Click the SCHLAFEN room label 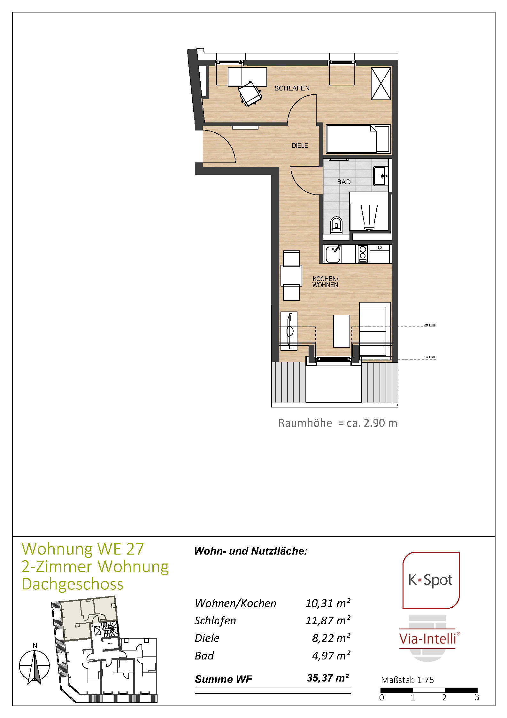point(292,88)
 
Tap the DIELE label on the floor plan point(300,146)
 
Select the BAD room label point(344,182)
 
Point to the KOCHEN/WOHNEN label point(325,282)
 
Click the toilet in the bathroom point(336,224)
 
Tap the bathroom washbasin point(381,176)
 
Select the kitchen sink point(333,254)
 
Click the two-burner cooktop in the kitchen point(363,254)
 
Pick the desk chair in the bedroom point(250,93)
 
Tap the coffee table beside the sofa point(342,331)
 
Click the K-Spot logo point(431,580)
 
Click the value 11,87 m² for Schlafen point(328,620)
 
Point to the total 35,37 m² point(328,678)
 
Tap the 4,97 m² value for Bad point(331,656)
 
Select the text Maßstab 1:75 point(407,680)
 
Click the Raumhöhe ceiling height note point(338,423)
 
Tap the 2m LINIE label point(430,325)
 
